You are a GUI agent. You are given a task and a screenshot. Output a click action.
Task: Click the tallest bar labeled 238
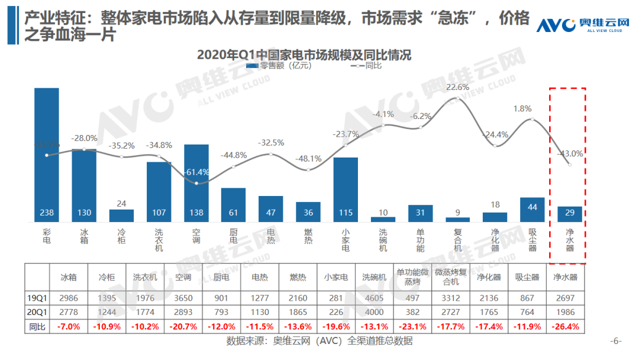47,155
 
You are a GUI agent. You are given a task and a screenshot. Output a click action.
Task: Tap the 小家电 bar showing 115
346,189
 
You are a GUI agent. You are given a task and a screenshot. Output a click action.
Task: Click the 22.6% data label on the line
457,87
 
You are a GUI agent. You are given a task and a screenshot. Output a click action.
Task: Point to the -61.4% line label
197,172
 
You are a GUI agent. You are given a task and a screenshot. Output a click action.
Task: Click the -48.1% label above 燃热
308,159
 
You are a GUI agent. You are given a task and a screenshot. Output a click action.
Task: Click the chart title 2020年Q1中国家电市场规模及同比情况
304,54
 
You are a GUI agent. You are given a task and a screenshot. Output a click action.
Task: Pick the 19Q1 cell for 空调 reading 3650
183,296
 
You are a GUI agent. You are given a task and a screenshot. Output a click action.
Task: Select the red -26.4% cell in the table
566,326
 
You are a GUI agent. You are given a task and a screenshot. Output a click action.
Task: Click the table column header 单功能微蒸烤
413,276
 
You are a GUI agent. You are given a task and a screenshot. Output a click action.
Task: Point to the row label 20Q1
36,311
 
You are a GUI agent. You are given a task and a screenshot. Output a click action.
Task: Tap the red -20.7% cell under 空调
183,326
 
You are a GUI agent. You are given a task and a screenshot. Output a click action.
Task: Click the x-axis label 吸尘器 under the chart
532,239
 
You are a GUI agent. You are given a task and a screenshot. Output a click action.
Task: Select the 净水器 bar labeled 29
570,214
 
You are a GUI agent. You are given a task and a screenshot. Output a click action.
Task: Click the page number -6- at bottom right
617,341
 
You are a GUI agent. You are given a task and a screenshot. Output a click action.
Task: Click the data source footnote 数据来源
319,341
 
